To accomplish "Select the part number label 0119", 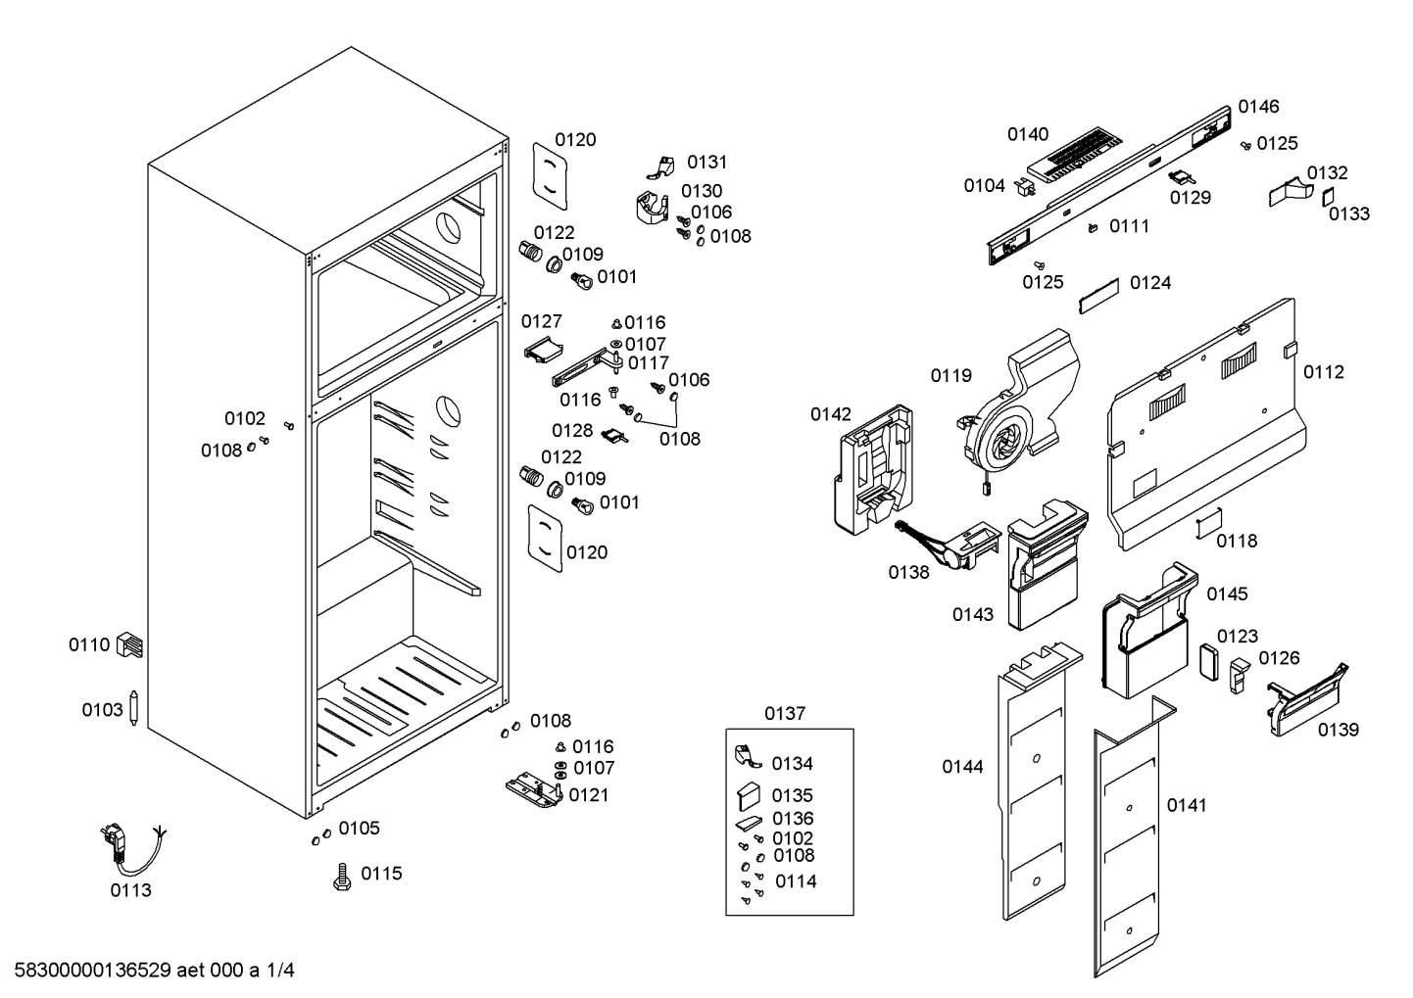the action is pyautogui.click(x=951, y=376).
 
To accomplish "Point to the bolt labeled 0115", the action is pyautogui.click(x=342, y=877).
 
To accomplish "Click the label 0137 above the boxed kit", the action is pyautogui.click(x=785, y=713).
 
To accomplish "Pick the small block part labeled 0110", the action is pyautogui.click(x=130, y=644).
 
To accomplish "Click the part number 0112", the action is pyautogui.click(x=1324, y=372).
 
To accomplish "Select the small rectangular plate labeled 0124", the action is pyautogui.click(x=1098, y=295).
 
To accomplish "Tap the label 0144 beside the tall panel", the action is pyautogui.click(x=962, y=767).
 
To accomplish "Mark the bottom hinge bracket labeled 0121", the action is pyautogui.click(x=534, y=791).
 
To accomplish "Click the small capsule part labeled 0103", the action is pyautogui.click(x=133, y=707).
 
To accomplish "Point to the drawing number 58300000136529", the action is pyautogui.click(x=93, y=971).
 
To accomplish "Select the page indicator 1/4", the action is pyautogui.click(x=280, y=971).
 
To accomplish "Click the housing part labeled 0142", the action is pyautogui.click(x=873, y=470).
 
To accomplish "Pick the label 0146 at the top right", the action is pyautogui.click(x=1258, y=107).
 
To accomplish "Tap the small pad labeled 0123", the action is pyautogui.click(x=1209, y=663).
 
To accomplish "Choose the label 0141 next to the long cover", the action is pyautogui.click(x=1187, y=805).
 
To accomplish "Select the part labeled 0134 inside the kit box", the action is pyautogui.click(x=748, y=756).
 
